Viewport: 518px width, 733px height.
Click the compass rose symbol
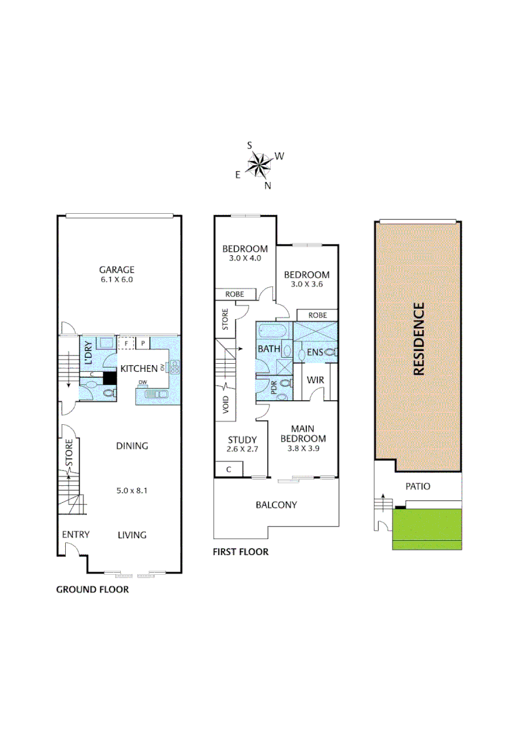point(259,164)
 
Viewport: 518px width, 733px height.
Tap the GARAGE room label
point(117,269)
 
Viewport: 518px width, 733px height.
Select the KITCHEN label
point(138,369)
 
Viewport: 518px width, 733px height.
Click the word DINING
point(132,446)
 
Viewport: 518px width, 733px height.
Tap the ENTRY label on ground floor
point(75,535)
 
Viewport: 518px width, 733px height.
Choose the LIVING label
point(132,535)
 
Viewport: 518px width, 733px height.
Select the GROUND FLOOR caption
point(92,590)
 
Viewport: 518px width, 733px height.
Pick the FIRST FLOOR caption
point(241,552)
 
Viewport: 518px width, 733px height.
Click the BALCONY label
point(276,505)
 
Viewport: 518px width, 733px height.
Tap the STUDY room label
point(241,439)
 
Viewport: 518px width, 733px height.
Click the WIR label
point(315,380)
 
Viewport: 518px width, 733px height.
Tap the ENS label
point(314,352)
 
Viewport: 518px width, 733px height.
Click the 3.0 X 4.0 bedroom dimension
point(245,259)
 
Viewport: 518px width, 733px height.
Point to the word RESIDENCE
point(419,339)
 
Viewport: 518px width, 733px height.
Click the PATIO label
point(418,487)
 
